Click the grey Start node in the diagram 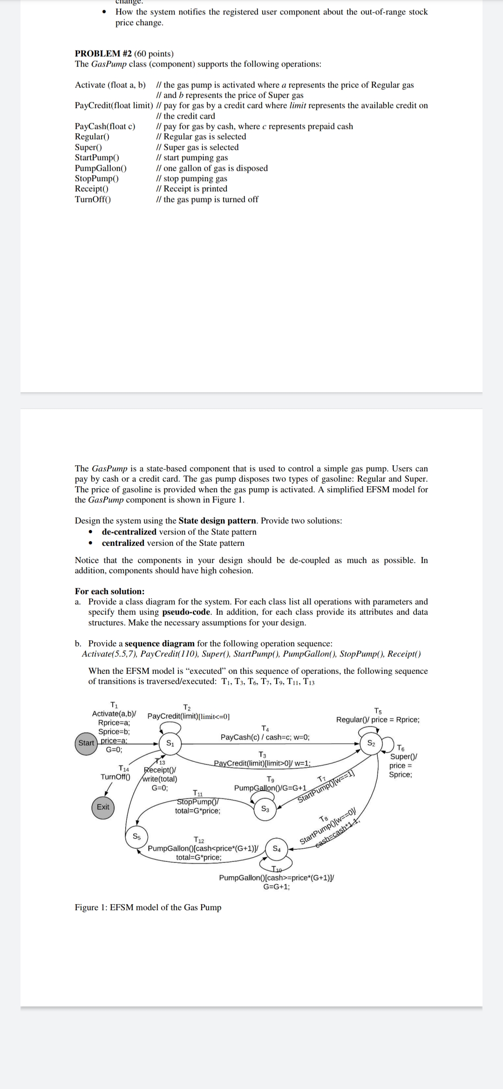click(86, 743)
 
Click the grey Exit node click(103, 807)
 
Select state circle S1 click(170, 743)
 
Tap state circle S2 click(371, 743)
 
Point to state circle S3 click(265, 809)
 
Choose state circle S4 click(277, 847)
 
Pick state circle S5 click(136, 836)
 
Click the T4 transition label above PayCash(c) click(265, 728)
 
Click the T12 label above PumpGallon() click(199, 840)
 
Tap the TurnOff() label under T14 click(116, 777)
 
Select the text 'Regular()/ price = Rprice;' click(377, 719)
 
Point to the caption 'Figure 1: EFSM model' click(148, 907)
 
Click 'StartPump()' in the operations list click(97, 157)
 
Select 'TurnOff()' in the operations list click(93, 199)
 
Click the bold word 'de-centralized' click(129, 532)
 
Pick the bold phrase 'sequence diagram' click(160, 643)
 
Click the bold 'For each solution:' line click(109, 591)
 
